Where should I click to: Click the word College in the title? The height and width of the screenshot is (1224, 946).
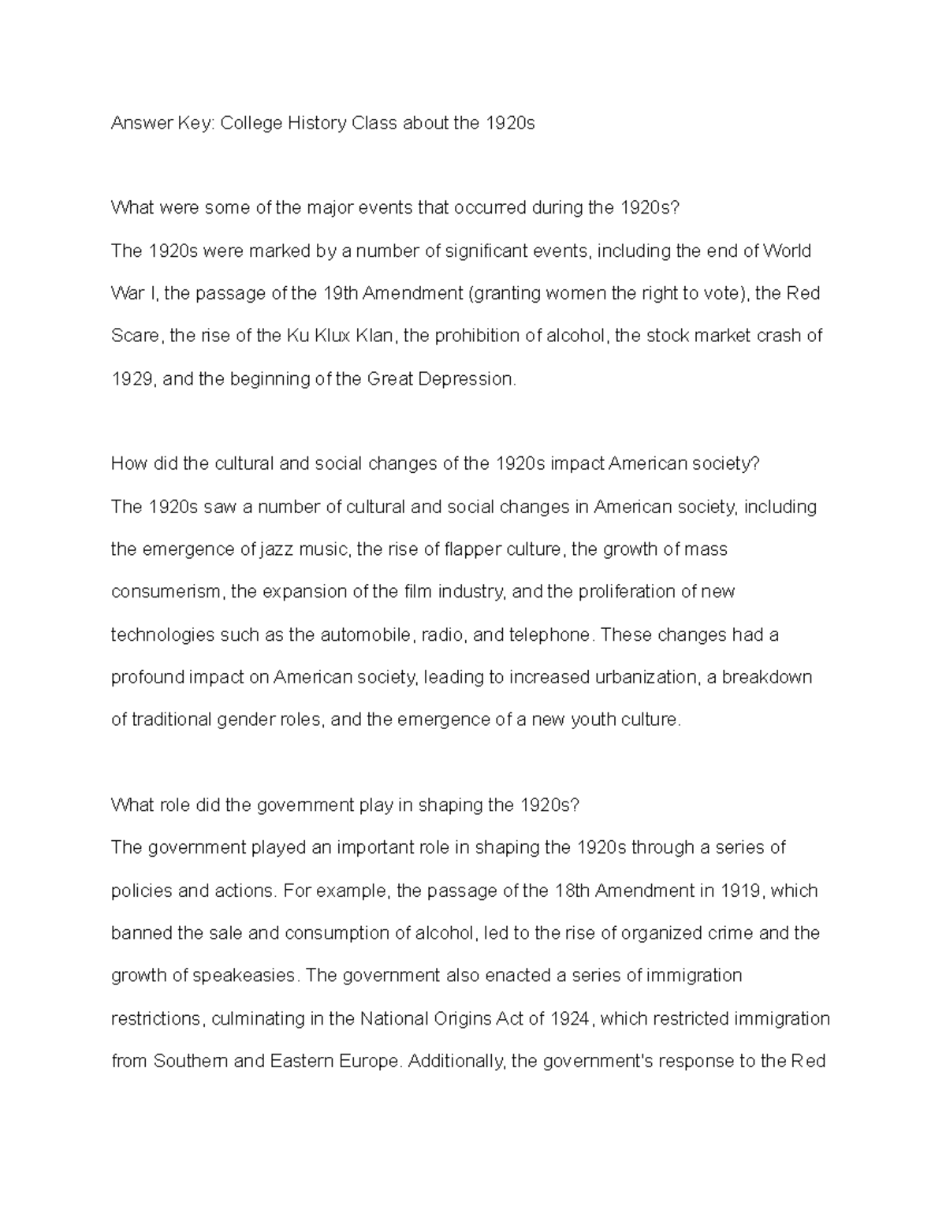point(251,124)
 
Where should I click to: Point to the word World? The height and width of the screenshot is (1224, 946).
point(787,251)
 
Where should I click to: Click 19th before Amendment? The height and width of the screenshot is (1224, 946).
point(342,294)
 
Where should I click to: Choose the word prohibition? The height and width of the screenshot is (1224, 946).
point(476,337)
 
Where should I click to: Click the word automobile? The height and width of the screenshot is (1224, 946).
point(366,634)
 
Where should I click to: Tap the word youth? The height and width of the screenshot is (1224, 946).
point(593,720)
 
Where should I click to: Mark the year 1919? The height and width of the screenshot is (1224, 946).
point(740,891)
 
